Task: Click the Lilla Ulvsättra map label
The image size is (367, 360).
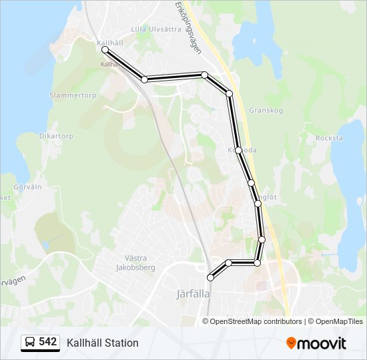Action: coord(156,29)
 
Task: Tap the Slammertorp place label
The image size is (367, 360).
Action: coord(73,95)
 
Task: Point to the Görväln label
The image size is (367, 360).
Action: coord(27,187)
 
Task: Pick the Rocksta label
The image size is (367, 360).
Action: coord(329,138)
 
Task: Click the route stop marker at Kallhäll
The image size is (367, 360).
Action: coord(105,50)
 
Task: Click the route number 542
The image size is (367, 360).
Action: coord(47,342)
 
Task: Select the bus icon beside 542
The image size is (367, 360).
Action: coord(30,343)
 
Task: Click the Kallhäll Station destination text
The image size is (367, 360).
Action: coord(103,343)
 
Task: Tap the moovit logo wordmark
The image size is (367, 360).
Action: coord(322,343)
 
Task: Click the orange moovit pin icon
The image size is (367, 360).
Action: coord(291,343)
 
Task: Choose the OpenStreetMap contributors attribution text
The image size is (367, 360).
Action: coord(256,321)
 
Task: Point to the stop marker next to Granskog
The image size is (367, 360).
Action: coord(230,94)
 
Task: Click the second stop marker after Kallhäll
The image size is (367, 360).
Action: coord(204,75)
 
